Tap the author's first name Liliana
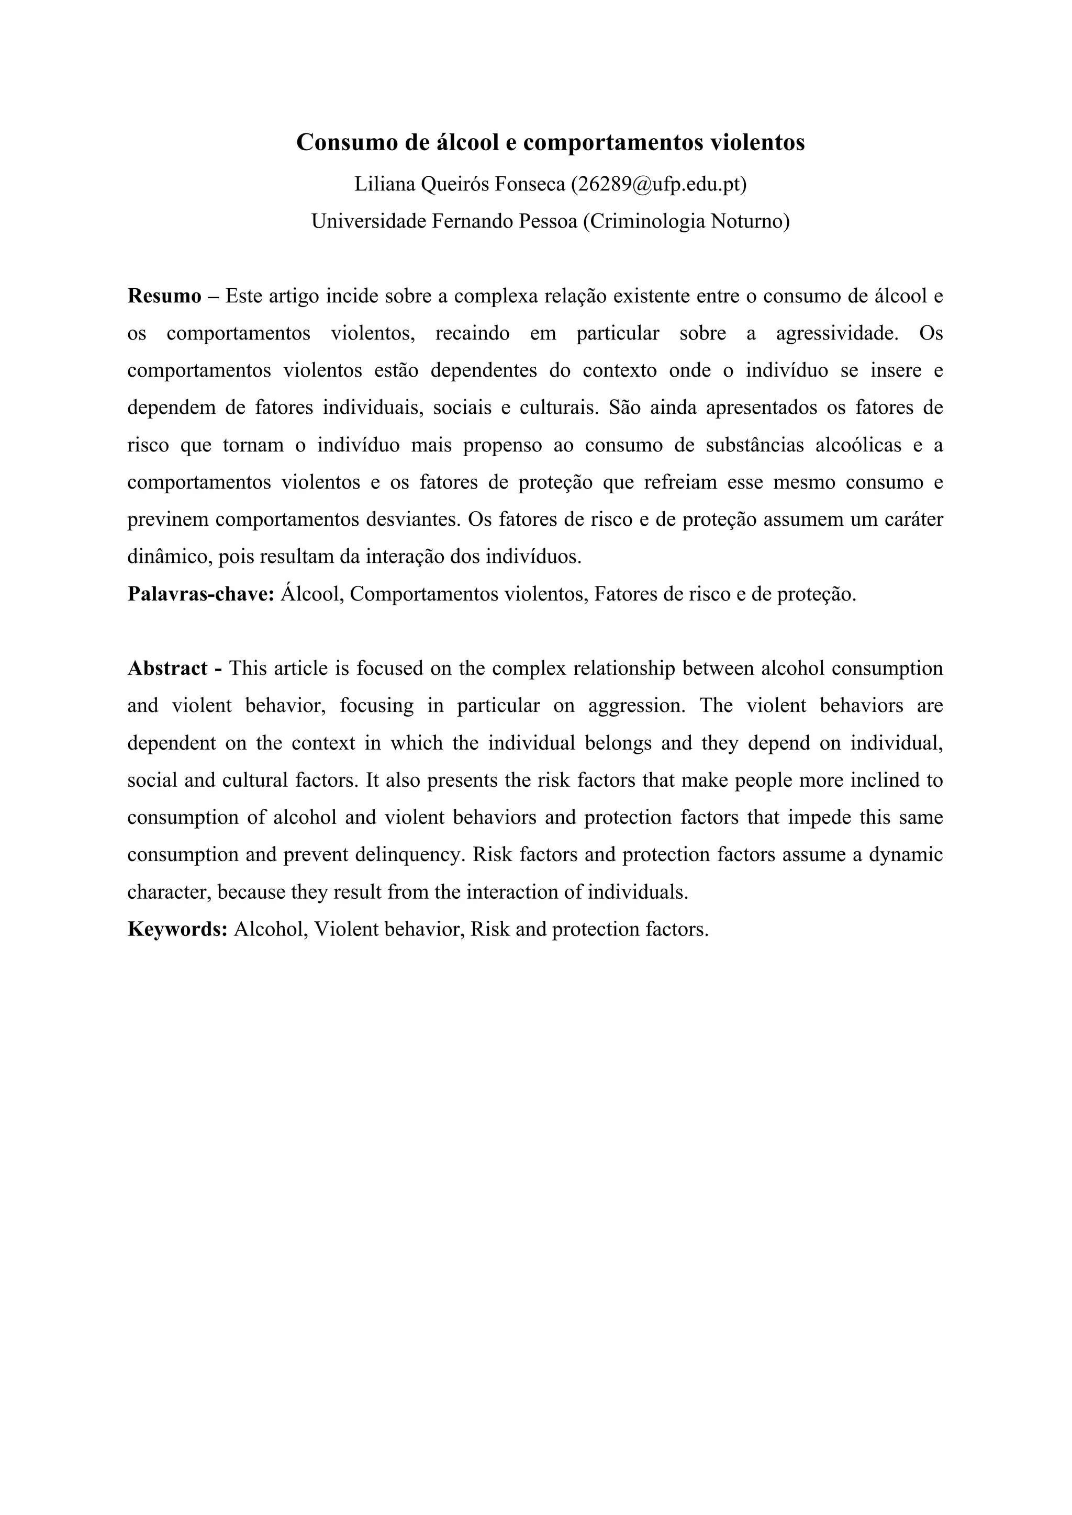click(384, 185)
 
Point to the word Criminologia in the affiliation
click(646, 222)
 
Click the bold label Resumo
click(164, 296)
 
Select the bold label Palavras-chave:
click(200, 594)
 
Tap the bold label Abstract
click(167, 669)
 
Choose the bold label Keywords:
click(177, 930)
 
